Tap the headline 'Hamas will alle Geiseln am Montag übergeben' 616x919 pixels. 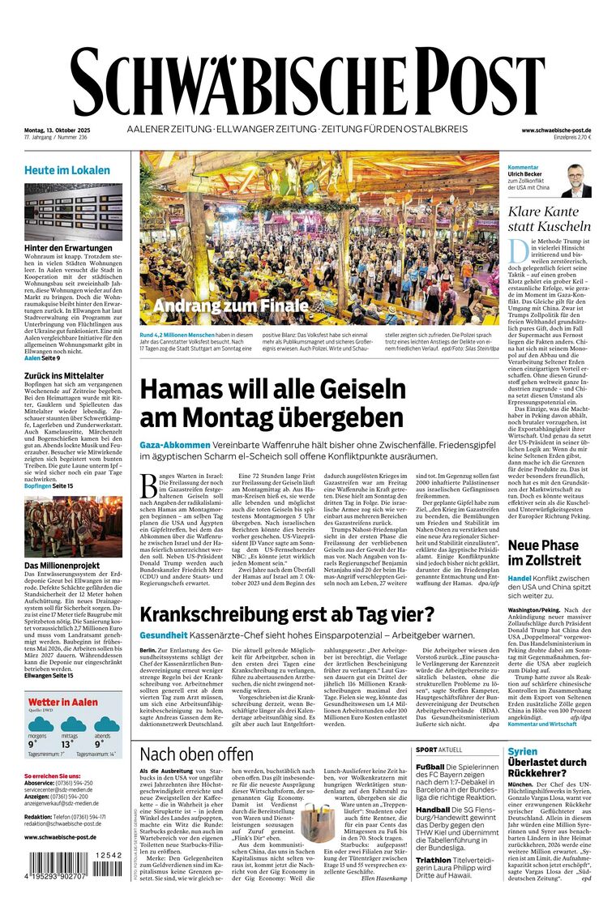tap(272, 403)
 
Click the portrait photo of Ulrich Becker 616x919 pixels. tap(576, 181)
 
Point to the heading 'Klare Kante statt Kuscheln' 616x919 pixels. tap(549, 219)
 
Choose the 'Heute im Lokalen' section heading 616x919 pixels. tap(67, 170)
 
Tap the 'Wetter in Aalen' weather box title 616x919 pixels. tap(61, 703)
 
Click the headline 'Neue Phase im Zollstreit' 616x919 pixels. tap(545, 553)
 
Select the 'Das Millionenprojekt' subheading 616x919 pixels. tap(62, 565)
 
